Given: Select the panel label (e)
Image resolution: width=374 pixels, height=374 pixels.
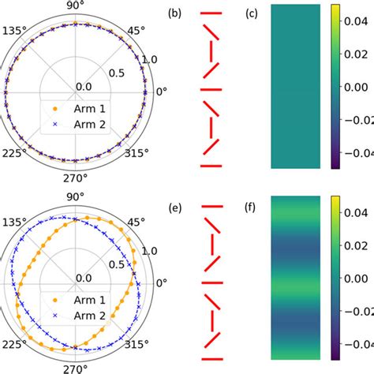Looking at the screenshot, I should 174,209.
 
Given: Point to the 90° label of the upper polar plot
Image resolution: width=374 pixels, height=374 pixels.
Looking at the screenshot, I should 73,6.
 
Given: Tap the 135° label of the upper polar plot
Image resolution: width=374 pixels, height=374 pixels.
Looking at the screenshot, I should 13,32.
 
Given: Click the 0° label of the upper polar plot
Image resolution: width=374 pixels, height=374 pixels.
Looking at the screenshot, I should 161,92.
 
